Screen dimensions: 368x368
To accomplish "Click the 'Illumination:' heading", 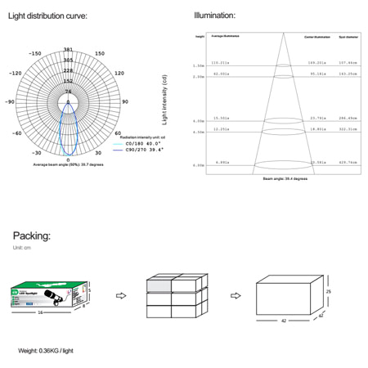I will tap(215, 16).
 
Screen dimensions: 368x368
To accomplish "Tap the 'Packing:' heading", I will tap(31, 236).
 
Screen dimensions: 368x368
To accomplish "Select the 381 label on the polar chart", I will tap(68, 50).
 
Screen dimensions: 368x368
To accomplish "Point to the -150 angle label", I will tap(34, 54).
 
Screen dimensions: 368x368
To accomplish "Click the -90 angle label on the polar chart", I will tap(10, 101).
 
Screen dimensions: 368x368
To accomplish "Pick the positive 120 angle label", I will tap(119, 73).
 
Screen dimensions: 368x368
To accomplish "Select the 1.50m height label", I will tap(198, 65).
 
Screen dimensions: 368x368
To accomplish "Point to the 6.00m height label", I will tap(198, 165).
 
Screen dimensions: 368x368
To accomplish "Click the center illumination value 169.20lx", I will tap(316, 62).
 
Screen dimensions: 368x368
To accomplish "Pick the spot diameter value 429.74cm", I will tap(348, 162).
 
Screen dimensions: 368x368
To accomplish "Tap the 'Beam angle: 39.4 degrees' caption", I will tap(285, 177).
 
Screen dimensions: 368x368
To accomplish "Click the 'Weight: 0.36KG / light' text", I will tap(51, 351).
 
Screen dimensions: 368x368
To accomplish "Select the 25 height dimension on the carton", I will tap(330, 291).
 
